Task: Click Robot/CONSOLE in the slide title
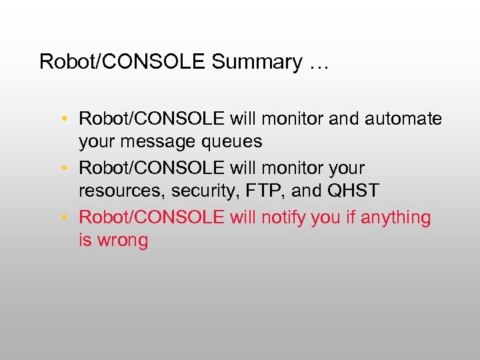[x=123, y=63]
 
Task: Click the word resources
[x=122, y=191]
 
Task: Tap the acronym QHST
[x=353, y=191]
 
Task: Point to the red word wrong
[x=124, y=241]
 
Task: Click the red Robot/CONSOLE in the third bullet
[x=151, y=218]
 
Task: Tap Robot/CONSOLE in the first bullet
[x=151, y=119]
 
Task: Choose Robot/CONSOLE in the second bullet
[x=151, y=169]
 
